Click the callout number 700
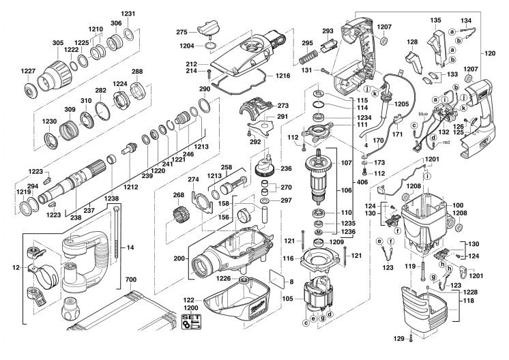point(132,280)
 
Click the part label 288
point(137,71)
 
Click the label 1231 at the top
point(129,14)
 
